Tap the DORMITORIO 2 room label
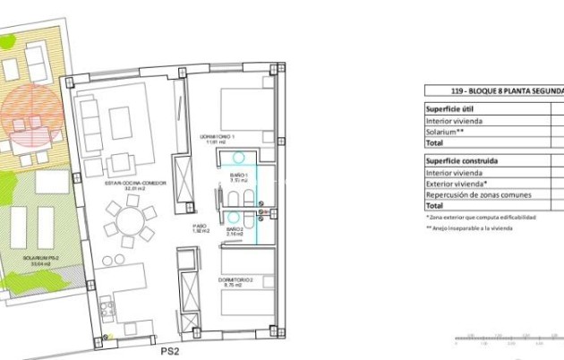[x=235, y=281]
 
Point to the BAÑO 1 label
[x=237, y=174]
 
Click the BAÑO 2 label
[x=235, y=229]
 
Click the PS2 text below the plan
[x=171, y=353]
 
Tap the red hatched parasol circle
[x=28, y=118]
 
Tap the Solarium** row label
[x=445, y=131]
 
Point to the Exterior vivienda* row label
[x=457, y=184]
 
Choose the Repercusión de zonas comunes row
[x=478, y=194]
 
